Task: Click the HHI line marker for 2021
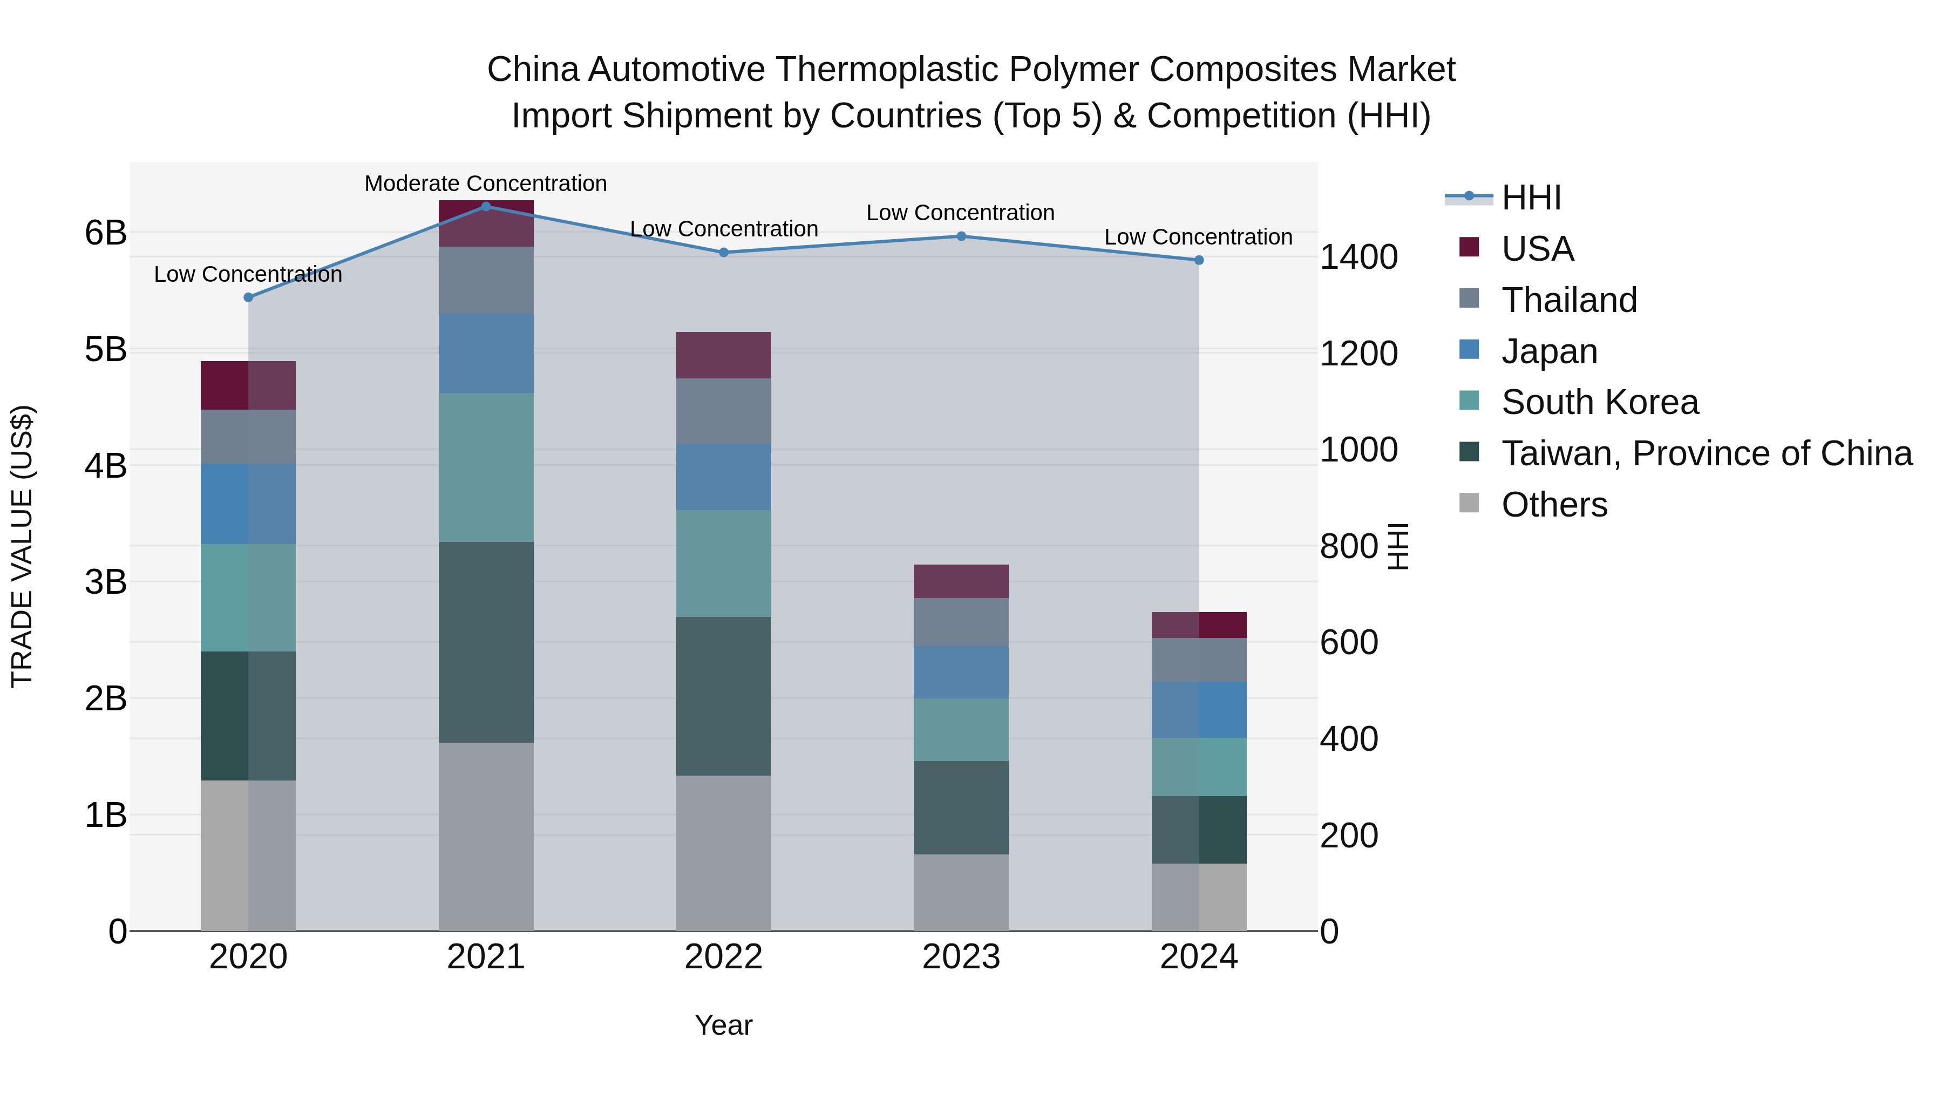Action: tap(486, 206)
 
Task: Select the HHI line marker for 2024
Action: tap(1199, 260)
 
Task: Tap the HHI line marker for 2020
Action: tap(248, 297)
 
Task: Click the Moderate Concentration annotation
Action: tap(485, 184)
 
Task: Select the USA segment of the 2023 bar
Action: tap(961, 581)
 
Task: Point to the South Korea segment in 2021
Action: tap(486, 467)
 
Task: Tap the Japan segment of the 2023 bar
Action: tap(961, 671)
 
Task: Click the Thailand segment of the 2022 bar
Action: tap(723, 411)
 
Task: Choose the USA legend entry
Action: tap(1537, 248)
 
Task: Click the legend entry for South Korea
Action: tap(1599, 402)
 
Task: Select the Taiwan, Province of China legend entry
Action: tap(1706, 453)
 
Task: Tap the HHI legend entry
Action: tap(1531, 198)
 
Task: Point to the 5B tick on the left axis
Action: tap(106, 349)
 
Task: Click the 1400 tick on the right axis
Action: tap(1358, 257)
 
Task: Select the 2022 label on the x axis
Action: tap(723, 957)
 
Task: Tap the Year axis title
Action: tap(723, 1025)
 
